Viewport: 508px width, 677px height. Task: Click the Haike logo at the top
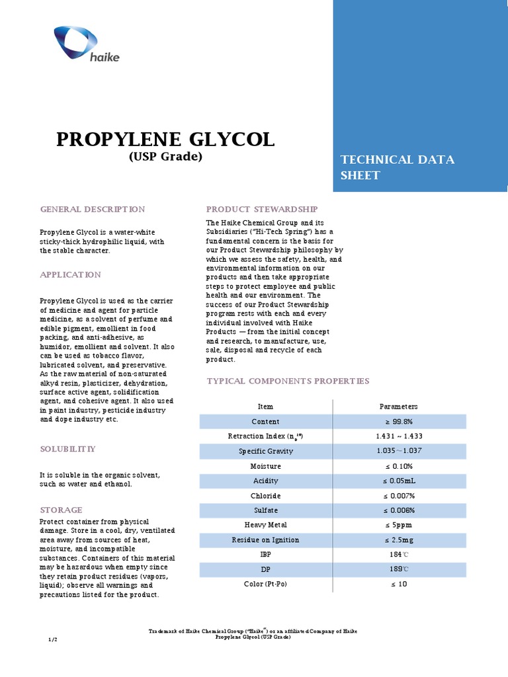tap(86, 46)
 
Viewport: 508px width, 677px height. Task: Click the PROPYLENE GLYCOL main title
tap(165, 139)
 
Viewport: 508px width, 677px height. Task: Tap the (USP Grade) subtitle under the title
tap(165, 157)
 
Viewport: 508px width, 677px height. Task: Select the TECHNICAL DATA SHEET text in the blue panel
tap(397, 167)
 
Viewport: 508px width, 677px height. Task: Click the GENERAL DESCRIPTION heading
tap(93, 209)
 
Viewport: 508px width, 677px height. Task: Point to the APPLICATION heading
tap(71, 274)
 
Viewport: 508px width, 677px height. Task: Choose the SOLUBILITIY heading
tap(68, 449)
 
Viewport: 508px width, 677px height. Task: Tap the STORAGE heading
tap(61, 510)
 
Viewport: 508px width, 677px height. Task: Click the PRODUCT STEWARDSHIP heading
tap(263, 209)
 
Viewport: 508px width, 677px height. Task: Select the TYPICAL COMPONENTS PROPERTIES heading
tap(288, 381)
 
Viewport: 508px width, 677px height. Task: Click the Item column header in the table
tap(265, 407)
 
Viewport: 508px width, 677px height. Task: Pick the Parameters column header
tap(398, 407)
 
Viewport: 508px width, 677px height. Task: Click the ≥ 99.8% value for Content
tap(398, 422)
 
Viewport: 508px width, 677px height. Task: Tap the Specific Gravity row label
tap(265, 452)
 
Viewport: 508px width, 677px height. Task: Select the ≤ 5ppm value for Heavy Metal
tap(398, 526)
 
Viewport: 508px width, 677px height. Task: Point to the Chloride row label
tap(265, 496)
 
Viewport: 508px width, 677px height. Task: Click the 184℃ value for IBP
tap(398, 555)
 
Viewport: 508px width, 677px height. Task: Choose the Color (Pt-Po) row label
tap(265, 584)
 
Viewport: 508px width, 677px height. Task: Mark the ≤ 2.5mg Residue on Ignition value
tap(398, 540)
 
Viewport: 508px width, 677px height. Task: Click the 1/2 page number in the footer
tap(54, 640)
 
